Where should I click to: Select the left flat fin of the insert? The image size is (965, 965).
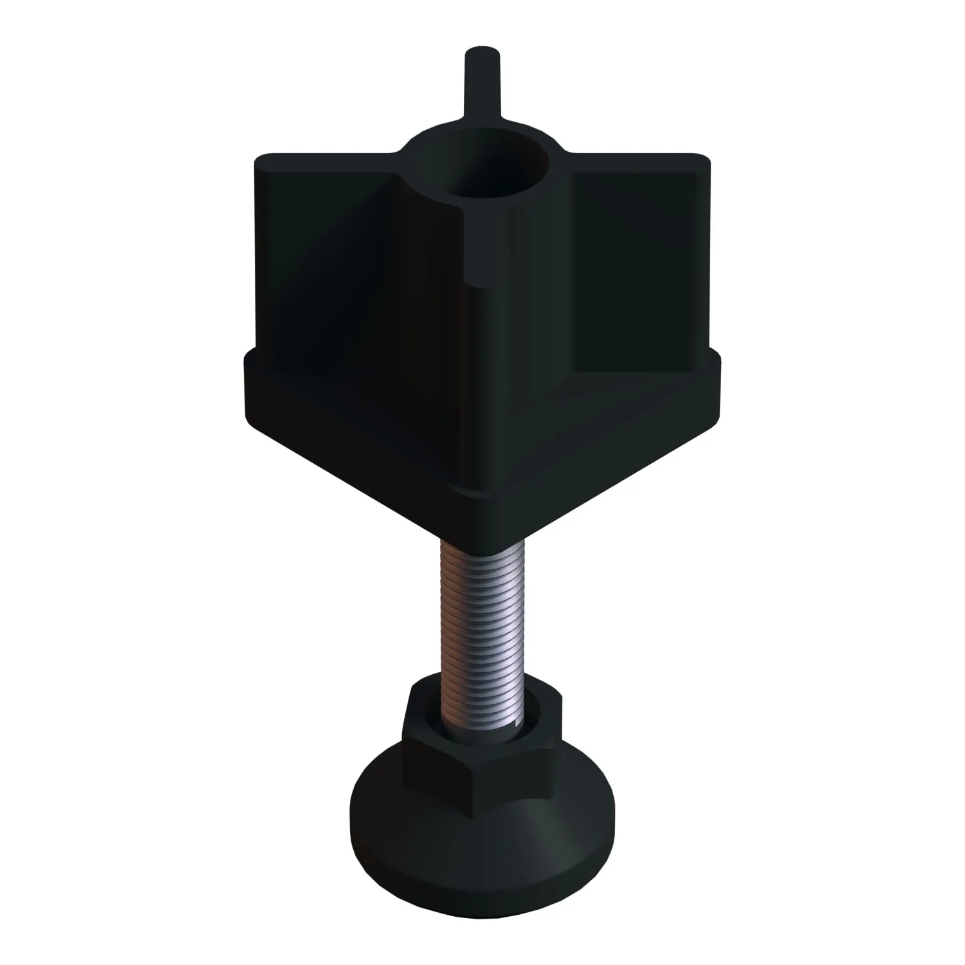pos(335,257)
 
